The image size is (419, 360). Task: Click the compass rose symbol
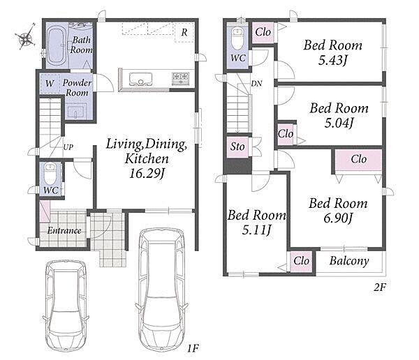point(25,38)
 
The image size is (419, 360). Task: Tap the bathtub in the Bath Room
point(56,45)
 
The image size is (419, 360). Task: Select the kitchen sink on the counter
point(140,79)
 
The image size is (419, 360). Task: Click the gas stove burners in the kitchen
point(181,79)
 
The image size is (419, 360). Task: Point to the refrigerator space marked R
point(184,33)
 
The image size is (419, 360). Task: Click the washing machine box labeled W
point(50,83)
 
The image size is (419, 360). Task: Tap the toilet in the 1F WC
point(50,174)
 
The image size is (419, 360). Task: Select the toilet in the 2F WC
point(237,39)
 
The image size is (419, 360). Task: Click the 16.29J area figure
point(147,173)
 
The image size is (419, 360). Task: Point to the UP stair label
point(68,147)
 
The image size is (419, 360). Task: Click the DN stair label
point(256,84)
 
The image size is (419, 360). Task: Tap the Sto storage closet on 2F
point(237,147)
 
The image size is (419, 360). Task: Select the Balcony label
point(349,261)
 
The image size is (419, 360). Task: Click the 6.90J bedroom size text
point(338,218)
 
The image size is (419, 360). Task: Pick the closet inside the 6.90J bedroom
point(358,160)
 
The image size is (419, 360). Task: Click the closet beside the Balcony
point(302,261)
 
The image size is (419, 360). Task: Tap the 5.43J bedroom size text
point(332,61)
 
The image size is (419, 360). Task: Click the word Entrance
point(64,230)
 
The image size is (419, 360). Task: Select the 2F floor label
point(380,287)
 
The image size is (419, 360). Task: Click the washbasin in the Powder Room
point(76,112)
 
